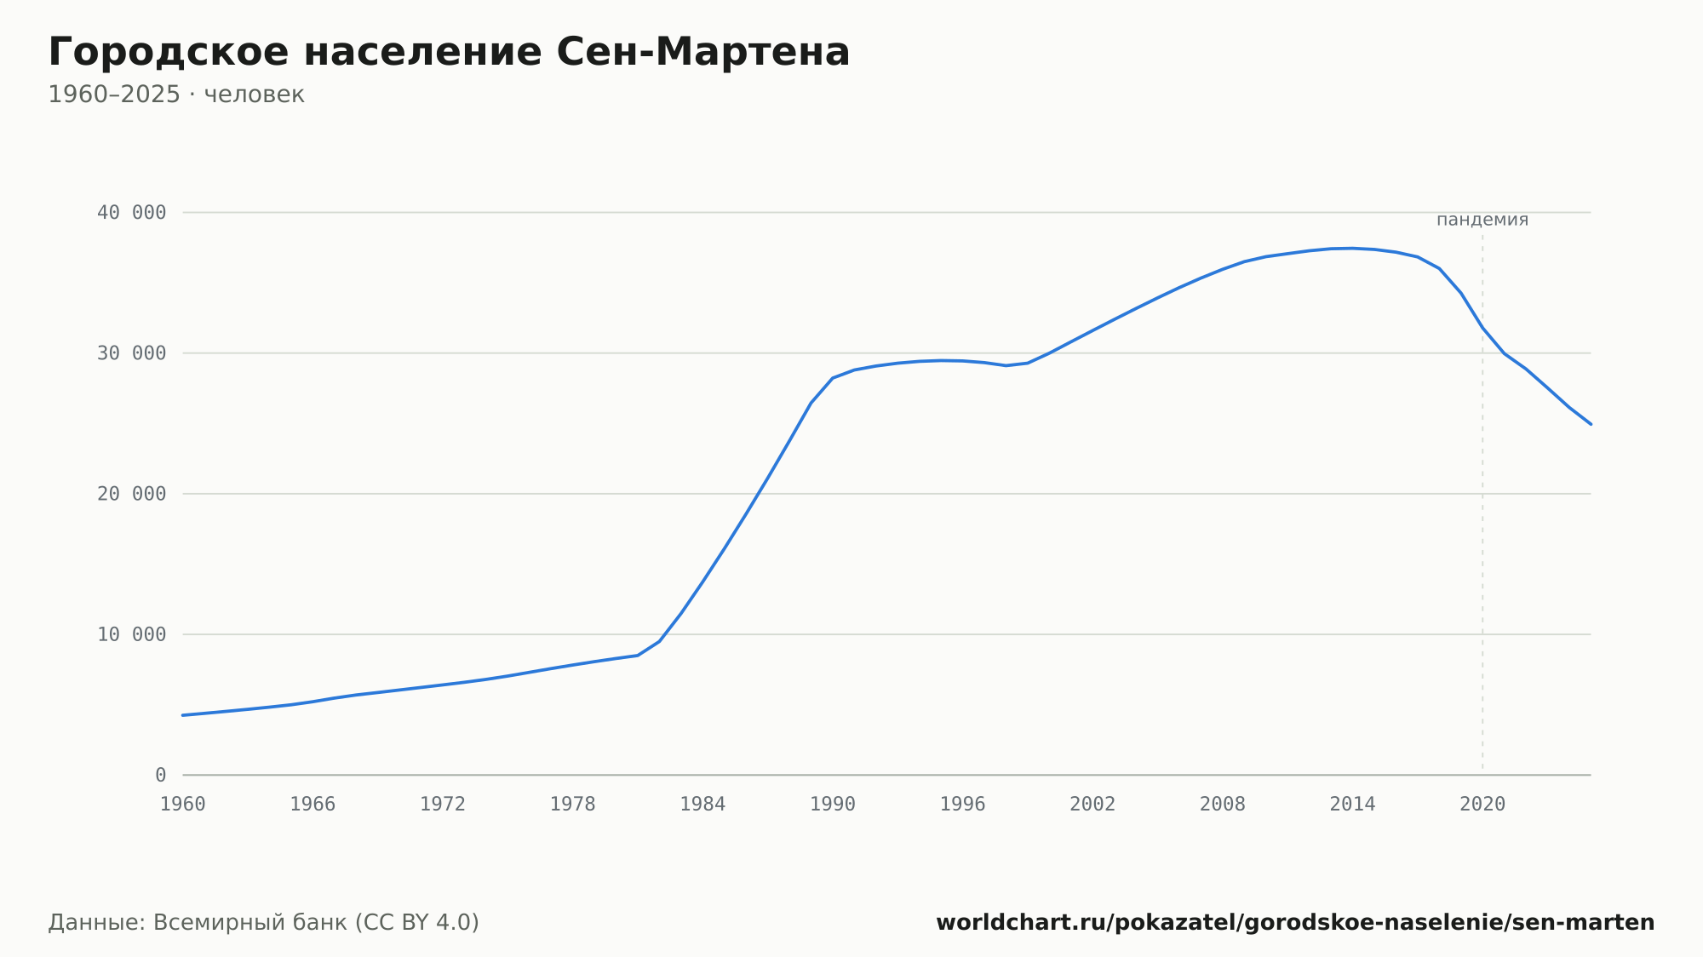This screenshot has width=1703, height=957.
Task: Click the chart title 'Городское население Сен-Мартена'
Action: [449, 52]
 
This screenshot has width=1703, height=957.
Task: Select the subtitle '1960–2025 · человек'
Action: [176, 95]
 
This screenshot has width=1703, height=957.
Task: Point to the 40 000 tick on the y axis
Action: [132, 213]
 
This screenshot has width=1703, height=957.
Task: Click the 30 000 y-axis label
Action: [132, 353]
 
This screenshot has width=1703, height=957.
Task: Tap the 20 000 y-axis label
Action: [132, 494]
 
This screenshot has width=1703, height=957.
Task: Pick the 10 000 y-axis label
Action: [132, 634]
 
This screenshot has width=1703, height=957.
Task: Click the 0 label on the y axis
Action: [161, 775]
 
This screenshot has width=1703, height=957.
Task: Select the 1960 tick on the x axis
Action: [183, 805]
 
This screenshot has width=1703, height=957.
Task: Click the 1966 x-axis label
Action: [313, 805]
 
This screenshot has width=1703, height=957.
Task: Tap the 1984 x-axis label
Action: [702, 805]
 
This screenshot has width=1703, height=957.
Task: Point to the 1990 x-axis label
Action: [833, 805]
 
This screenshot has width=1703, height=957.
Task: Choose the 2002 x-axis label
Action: [1092, 805]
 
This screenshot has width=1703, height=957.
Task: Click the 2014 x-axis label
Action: [1352, 805]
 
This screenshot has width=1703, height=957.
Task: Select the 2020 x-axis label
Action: [1482, 805]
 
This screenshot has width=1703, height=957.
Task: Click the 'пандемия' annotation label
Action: [1482, 220]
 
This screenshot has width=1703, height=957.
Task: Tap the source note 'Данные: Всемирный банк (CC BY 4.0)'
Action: [264, 923]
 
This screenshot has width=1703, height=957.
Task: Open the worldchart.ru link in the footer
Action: [1295, 923]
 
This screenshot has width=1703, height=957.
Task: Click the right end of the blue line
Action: [1591, 424]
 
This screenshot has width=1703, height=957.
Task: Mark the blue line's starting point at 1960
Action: [183, 715]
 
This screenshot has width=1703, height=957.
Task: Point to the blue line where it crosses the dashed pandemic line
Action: [1482, 328]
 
